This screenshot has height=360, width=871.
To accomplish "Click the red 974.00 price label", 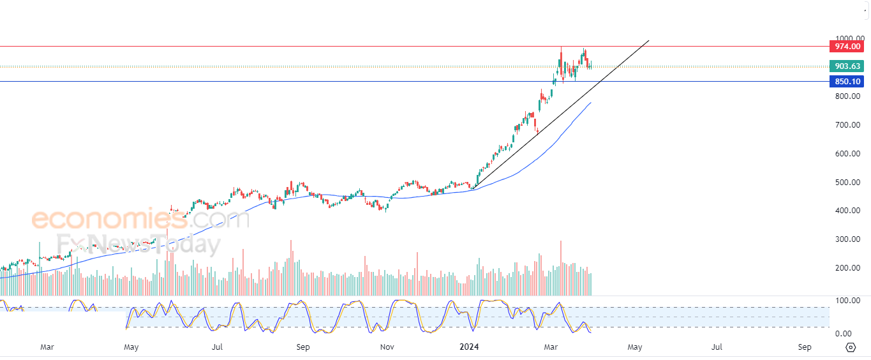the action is (847, 47).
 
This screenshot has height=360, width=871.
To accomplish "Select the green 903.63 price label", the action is (847, 66).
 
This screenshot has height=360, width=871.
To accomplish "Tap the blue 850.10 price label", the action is (847, 81).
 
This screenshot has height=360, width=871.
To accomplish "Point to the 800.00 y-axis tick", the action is (847, 96).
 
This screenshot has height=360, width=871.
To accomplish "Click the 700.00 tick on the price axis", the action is (847, 125).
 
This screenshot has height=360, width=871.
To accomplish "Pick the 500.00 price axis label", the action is (847, 183).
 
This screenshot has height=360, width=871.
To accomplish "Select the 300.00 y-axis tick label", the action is (847, 239).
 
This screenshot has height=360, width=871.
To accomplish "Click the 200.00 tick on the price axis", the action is (847, 268).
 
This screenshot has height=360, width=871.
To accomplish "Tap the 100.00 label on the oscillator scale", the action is (847, 301).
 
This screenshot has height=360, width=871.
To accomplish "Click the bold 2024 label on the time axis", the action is (469, 347).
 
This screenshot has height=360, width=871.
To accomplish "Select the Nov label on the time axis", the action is (387, 347).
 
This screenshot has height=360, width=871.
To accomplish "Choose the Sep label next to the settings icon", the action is (805, 347).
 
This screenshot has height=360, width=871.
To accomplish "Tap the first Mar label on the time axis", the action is (47, 347).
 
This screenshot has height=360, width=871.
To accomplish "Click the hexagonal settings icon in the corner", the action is (851, 347).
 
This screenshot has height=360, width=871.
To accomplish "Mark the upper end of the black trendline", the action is (648, 40).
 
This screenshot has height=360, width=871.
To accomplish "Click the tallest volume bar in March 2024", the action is (561, 268).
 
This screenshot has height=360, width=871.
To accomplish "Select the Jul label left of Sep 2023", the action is (217, 347).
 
